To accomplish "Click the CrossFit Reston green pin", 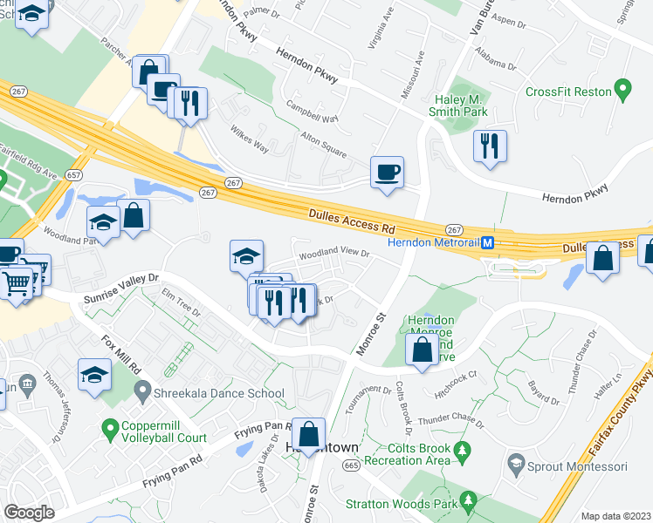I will click(x=622, y=90).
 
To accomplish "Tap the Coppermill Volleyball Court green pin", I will click(x=110, y=429).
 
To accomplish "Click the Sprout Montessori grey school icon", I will click(x=517, y=465).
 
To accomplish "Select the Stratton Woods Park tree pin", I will click(x=470, y=500).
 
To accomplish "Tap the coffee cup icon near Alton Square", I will click(x=386, y=171).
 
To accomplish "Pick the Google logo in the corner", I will click(x=29, y=513).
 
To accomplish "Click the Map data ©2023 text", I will click(x=616, y=516).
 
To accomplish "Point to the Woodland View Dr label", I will click(x=334, y=255).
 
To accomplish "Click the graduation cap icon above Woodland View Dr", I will click(x=246, y=255).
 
